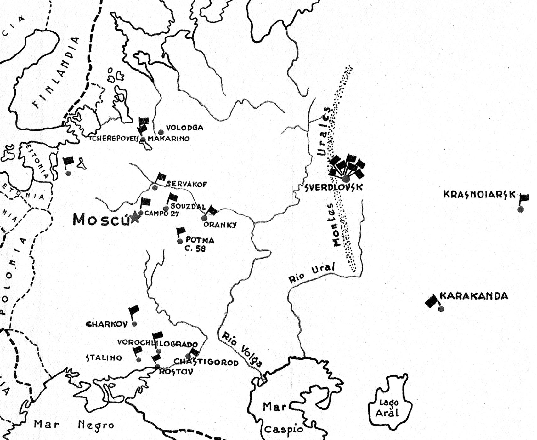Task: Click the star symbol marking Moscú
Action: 135,217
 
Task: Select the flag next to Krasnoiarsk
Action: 523,198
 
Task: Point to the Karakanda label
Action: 474,296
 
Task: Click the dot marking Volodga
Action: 161,132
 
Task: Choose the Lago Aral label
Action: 388,408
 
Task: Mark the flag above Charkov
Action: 134,310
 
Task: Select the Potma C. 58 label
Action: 198,244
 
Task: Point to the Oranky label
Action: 220,225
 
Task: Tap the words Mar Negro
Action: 74,425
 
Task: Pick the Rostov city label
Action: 176,372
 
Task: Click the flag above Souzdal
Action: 172,198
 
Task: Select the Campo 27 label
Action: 162,214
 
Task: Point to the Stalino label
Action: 104,358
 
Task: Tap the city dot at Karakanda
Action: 441,309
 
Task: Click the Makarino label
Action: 169,139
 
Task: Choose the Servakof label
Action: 186,184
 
